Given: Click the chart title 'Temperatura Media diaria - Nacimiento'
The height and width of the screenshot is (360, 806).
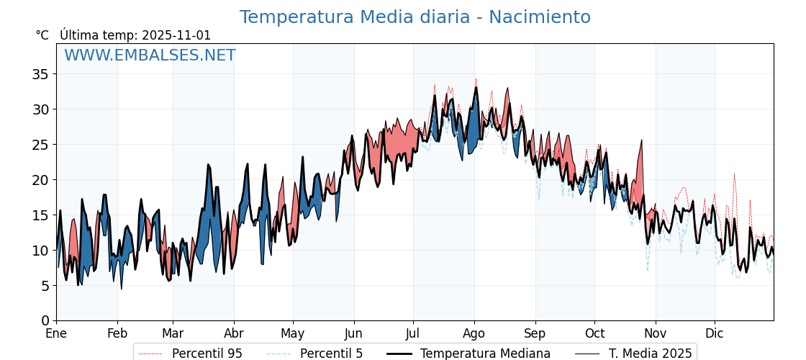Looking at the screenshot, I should pyautogui.click(x=415, y=17).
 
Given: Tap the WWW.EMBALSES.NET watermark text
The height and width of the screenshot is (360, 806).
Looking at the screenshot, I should pyautogui.click(x=150, y=55).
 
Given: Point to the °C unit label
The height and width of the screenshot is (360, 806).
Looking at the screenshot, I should pyautogui.click(x=42, y=35).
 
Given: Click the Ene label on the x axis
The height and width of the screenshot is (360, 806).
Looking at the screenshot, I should pyautogui.click(x=56, y=333).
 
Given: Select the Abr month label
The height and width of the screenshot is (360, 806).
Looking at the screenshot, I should pyautogui.click(x=234, y=333).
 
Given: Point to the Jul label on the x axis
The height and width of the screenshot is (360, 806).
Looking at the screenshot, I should pyautogui.click(x=413, y=333).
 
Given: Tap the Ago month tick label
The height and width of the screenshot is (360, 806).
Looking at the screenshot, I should pyautogui.click(x=474, y=333).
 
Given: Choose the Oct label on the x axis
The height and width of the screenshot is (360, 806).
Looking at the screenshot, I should pyautogui.click(x=594, y=333).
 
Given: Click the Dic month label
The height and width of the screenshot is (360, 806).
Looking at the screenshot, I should pyautogui.click(x=715, y=333).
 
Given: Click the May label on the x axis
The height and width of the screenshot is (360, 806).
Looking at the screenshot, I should pyautogui.click(x=293, y=333).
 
